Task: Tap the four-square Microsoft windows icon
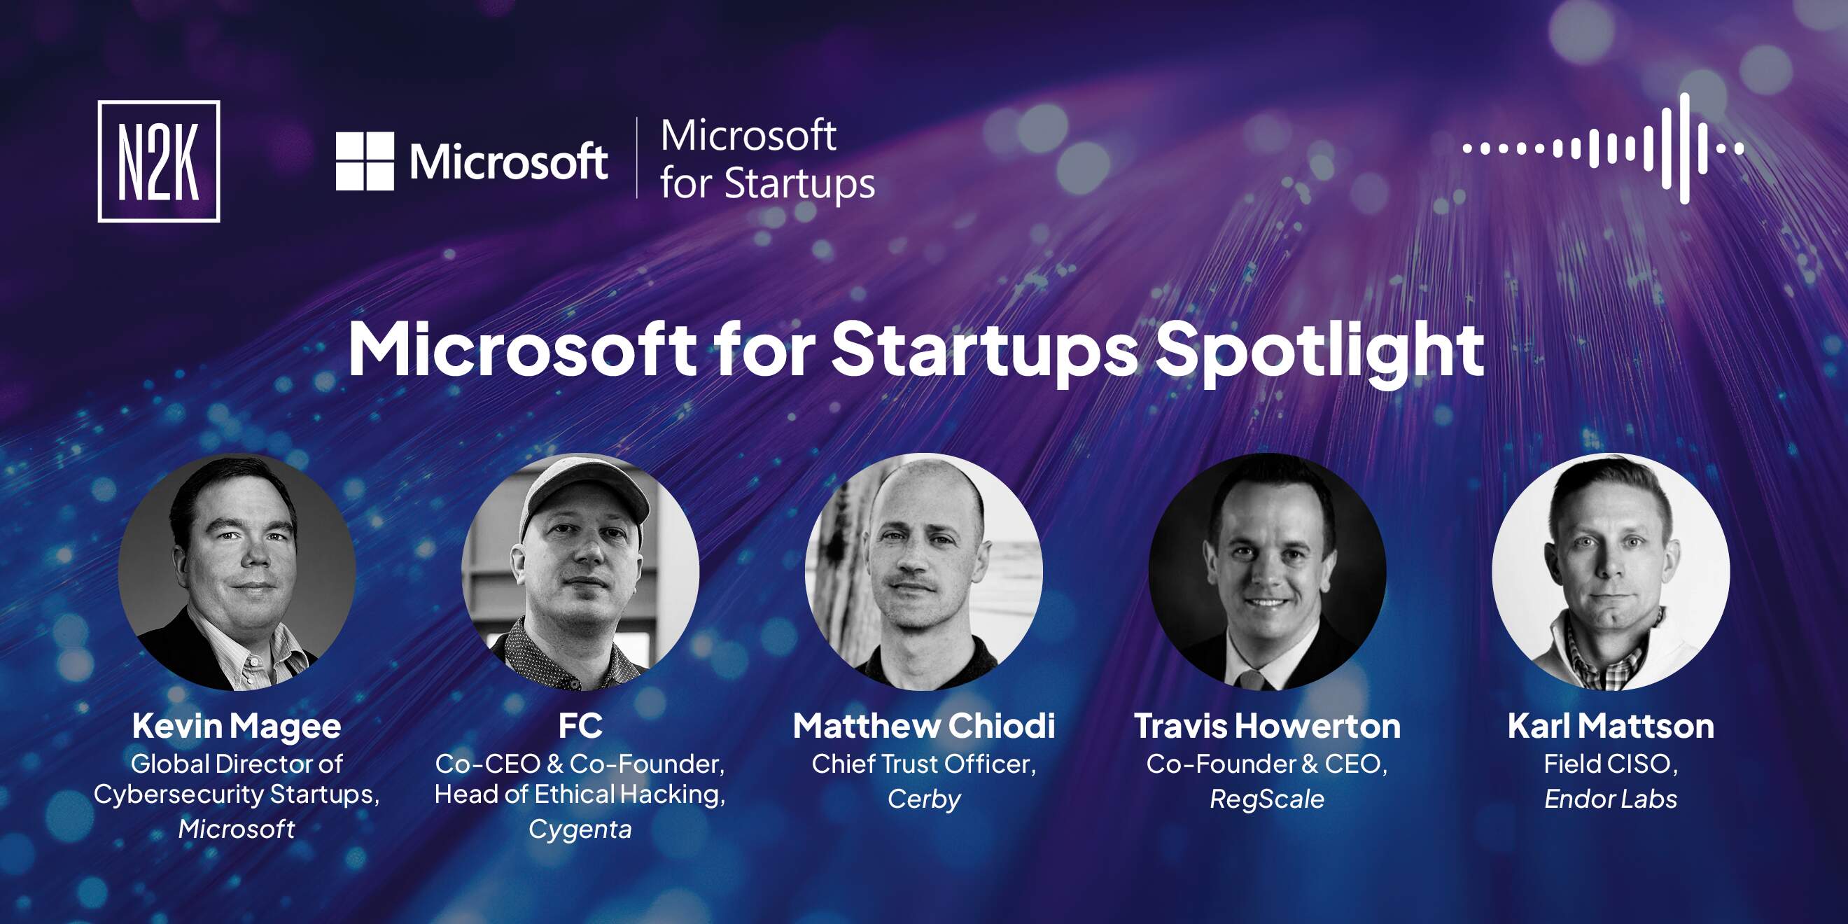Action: (x=365, y=162)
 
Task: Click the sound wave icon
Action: (x=1604, y=148)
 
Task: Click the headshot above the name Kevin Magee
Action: (x=237, y=572)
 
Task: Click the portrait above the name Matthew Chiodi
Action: (x=924, y=572)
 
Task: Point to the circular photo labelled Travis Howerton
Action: (x=1268, y=572)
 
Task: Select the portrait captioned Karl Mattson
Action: (x=1611, y=572)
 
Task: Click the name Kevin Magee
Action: (x=237, y=727)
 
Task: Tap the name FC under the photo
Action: (x=580, y=725)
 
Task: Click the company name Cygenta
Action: (x=580, y=830)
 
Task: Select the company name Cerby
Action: (x=924, y=799)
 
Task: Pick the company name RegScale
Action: (x=1268, y=799)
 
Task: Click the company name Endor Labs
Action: (x=1611, y=799)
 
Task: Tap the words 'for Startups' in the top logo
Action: (x=768, y=183)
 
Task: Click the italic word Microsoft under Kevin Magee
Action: (x=237, y=829)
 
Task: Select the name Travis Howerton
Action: (x=1268, y=726)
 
